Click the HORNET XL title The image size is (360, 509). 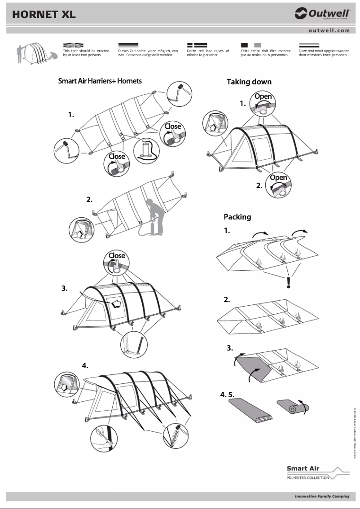pyautogui.click(x=44, y=14)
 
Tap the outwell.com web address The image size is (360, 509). pyautogui.click(x=329, y=31)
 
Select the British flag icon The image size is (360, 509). pyautogui.click(x=73, y=45)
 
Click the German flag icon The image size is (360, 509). pyautogui.click(x=128, y=45)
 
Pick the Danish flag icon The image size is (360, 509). pyautogui.click(x=197, y=45)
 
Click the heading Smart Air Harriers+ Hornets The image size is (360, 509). pyautogui.click(x=100, y=81)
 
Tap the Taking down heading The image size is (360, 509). pyautogui.click(x=249, y=82)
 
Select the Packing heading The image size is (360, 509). pyautogui.click(x=237, y=217)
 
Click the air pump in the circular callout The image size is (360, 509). pyautogui.click(x=147, y=150)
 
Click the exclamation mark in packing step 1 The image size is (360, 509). pyautogui.click(x=289, y=283)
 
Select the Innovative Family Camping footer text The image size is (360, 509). pyautogui.click(x=321, y=497)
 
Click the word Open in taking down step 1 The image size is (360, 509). pyautogui.click(x=263, y=97)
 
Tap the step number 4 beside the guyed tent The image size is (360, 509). pyautogui.click(x=85, y=365)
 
